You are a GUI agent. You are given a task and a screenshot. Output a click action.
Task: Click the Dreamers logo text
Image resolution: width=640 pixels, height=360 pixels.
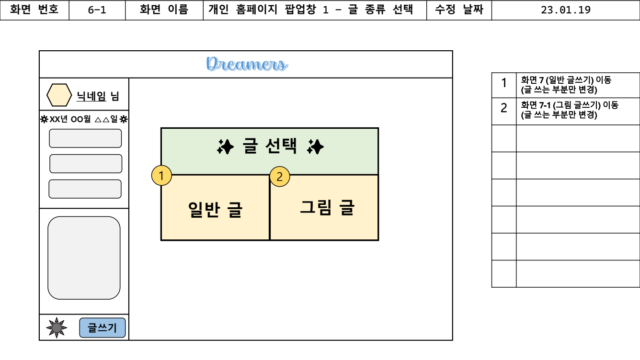point(247,64)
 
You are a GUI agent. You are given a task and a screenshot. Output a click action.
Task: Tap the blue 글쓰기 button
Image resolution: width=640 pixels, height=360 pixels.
point(102,328)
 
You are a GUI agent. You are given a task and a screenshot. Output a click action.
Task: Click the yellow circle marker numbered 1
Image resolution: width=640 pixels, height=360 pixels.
point(161,176)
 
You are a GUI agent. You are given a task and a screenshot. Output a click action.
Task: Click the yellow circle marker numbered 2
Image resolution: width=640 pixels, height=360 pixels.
point(280,177)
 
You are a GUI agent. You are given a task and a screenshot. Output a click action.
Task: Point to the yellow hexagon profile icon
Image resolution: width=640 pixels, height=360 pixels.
point(59,95)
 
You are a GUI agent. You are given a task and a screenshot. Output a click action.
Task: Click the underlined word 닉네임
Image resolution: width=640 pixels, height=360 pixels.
point(91,97)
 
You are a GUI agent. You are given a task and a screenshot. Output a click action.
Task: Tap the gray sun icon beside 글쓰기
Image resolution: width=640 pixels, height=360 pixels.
point(57,328)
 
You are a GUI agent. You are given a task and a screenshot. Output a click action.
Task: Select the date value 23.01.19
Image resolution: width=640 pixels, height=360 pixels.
point(565,10)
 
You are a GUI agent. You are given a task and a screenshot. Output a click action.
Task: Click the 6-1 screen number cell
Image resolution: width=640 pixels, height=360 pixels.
point(97,10)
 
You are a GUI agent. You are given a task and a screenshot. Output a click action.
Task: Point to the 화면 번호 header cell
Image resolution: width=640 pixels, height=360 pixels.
point(34,10)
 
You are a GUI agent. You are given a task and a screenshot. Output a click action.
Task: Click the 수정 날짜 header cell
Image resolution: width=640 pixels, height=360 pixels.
point(458,10)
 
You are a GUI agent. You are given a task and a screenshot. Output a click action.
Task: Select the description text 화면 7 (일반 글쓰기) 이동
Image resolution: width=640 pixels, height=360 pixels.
point(566,80)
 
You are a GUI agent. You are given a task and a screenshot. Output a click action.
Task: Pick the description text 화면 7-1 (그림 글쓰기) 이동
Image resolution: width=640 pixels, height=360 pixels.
point(570,105)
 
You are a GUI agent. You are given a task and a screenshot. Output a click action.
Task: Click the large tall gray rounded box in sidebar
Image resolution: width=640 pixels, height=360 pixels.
point(84,258)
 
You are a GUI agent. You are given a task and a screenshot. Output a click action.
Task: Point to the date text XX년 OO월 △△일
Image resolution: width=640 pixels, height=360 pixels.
point(84,120)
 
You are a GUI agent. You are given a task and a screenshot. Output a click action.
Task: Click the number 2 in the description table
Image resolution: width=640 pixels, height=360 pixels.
point(504,108)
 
